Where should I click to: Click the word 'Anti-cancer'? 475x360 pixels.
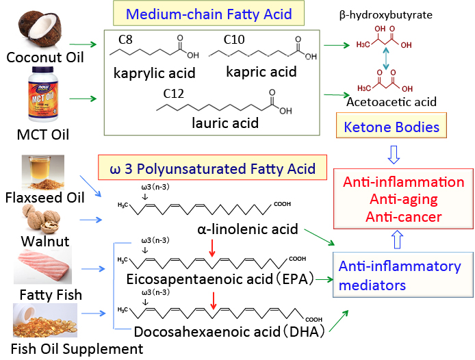tap(403, 216)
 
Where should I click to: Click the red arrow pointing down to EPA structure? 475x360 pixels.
tap(214, 254)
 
